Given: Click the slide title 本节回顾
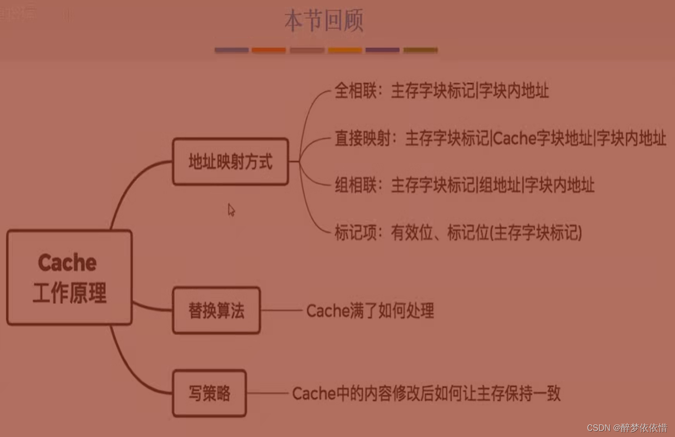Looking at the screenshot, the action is point(324,21).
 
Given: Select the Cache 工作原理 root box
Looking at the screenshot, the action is point(69,277).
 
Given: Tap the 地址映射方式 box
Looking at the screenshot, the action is point(230,162).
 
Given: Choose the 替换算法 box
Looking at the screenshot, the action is point(216,310).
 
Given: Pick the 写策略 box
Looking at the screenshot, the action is point(209,393).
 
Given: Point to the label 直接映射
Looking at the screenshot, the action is point(363,138).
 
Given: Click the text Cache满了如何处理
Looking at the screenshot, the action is point(370,311).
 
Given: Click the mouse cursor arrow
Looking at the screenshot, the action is point(231,210).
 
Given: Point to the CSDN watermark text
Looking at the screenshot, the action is point(627,428).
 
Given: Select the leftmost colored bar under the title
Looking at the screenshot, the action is point(232,50).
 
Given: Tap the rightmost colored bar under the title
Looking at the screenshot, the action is point(421,50).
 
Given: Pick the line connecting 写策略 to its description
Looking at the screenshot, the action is point(267,393).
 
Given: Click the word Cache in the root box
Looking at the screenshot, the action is point(67,262).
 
